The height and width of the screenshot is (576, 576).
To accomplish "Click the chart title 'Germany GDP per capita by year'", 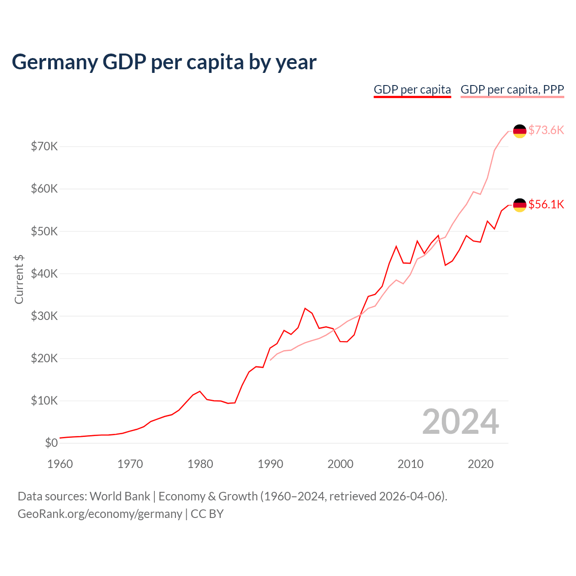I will (164, 62).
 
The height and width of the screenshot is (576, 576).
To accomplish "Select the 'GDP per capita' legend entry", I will (412, 90).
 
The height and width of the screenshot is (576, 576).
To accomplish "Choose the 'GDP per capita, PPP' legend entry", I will (512, 90).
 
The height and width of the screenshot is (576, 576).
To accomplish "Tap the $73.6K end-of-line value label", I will (546, 130).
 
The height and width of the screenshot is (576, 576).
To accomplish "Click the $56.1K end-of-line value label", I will (546, 204).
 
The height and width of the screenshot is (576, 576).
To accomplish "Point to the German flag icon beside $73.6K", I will (520, 131).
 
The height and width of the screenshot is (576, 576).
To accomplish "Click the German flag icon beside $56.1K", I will (520, 205).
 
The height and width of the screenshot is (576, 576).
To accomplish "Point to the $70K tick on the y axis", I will (44, 146).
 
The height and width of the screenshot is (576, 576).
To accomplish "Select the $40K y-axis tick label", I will (44, 274).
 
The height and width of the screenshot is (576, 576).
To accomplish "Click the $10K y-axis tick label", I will (44, 400).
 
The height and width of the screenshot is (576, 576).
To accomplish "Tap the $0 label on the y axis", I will (51, 443).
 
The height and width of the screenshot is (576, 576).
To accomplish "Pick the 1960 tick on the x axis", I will (60, 464).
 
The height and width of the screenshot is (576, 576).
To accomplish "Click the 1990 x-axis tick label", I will (270, 464).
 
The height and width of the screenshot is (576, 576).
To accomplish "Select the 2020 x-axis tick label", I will (481, 464).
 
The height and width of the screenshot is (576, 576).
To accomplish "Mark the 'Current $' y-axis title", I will (19, 279).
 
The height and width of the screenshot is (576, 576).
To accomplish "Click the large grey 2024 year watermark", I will (460, 422).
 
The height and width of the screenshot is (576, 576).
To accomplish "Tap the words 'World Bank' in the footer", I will (120, 496).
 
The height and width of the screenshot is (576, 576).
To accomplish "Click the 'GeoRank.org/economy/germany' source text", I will (100, 514).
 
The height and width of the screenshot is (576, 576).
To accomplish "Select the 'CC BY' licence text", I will (207, 514).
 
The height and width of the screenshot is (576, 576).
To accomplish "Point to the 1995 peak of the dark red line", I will (305, 308).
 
